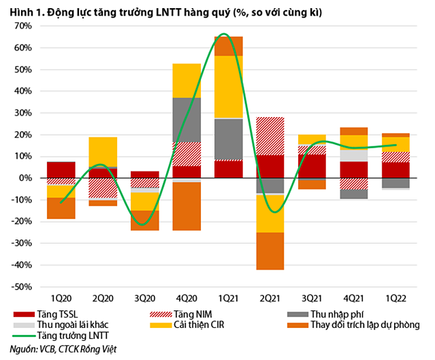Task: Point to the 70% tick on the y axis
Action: [20, 26]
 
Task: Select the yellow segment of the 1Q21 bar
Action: [228, 86]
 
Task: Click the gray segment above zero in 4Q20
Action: [187, 120]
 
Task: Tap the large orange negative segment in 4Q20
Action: [187, 206]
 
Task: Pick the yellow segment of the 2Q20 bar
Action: [103, 152]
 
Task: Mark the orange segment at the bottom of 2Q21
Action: [270, 250]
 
